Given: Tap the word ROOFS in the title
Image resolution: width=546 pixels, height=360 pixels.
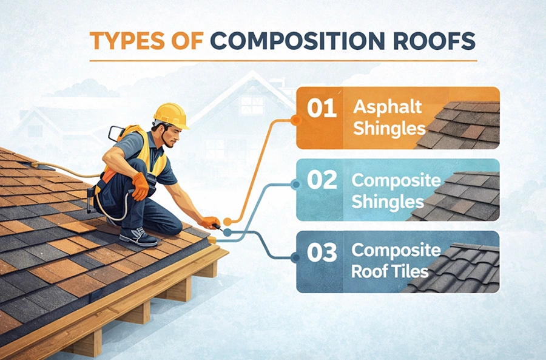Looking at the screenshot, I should pyautogui.click(x=434, y=41).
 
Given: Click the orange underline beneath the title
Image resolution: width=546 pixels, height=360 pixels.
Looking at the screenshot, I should pyautogui.click(x=283, y=60).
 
